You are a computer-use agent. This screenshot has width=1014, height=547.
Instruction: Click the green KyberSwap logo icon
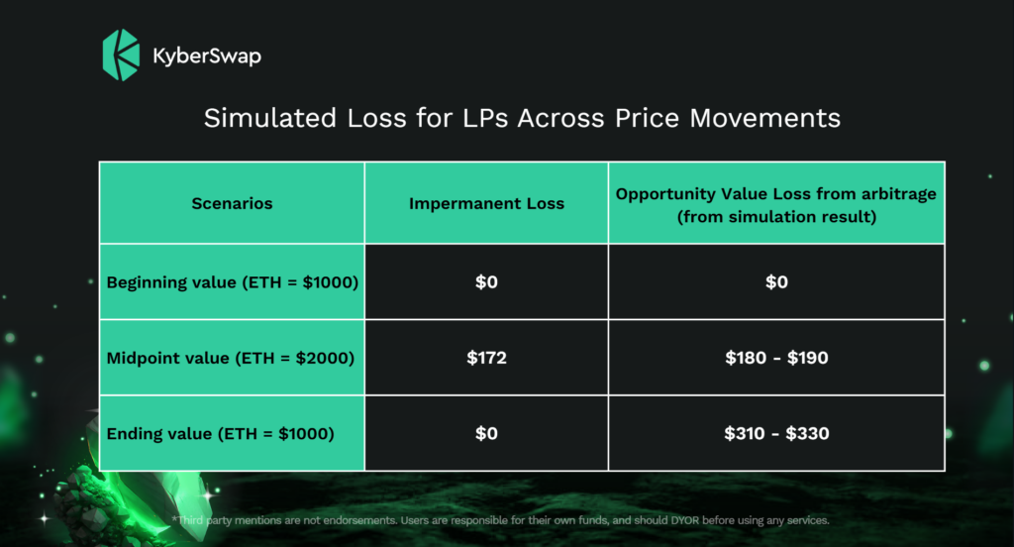point(121,55)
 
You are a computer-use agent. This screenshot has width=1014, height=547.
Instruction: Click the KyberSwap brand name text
point(207,56)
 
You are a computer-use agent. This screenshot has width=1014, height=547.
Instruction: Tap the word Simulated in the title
point(270,118)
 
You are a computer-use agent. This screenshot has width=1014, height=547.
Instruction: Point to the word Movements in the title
point(765,118)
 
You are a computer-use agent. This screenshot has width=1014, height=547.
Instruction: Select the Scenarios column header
point(232,203)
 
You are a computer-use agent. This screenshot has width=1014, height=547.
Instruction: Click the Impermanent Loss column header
point(486,203)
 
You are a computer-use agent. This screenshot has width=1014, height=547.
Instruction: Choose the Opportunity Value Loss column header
point(776,204)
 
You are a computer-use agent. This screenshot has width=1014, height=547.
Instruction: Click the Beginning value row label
point(232,282)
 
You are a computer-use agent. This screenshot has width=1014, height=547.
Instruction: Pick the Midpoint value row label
point(230,358)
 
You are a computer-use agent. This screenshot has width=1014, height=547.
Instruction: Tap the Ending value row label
point(221,434)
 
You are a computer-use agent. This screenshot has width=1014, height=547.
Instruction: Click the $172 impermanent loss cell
point(486,358)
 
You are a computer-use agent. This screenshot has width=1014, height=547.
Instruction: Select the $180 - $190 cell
point(776,358)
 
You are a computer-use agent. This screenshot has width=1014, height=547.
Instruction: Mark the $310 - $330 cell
point(776,433)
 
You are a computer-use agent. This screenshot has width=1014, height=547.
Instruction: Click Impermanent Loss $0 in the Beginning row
point(486,281)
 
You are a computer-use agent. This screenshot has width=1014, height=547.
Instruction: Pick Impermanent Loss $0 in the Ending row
point(486,433)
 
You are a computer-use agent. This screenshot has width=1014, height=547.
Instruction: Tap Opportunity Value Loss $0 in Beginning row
point(776,281)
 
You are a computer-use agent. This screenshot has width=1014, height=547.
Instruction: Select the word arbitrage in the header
point(899,194)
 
